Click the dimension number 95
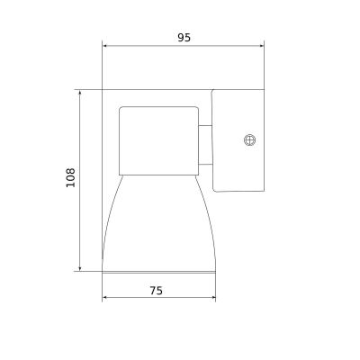184,38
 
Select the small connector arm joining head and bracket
206,145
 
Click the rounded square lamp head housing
158,139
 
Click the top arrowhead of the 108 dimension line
80,90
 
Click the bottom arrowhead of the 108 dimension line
80,269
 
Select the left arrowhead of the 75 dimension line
103,300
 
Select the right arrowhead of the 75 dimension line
216,300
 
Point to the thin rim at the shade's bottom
160,269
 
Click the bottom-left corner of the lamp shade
103,272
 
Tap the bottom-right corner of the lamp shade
217,272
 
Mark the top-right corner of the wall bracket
263,89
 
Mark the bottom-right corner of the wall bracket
263,190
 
